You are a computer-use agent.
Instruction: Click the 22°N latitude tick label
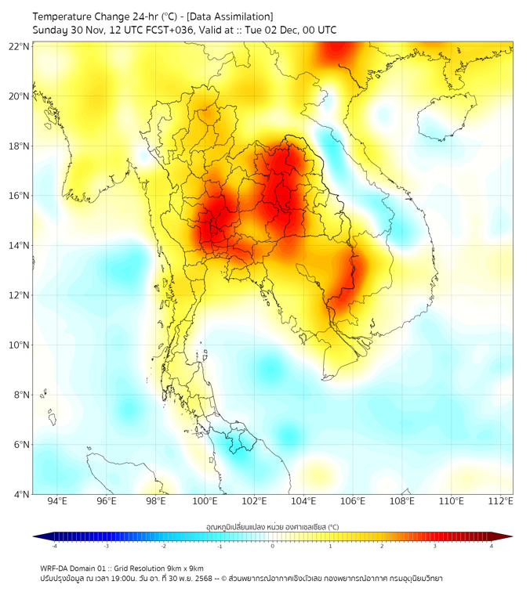point(20,46)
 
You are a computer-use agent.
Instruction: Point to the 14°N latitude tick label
point(20,245)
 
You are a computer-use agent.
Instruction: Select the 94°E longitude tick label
point(57,501)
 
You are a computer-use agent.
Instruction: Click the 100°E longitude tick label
point(205,501)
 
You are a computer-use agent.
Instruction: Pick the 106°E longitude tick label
point(353,501)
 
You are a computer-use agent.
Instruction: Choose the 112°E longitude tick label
point(500,501)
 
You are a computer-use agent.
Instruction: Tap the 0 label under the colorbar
point(273,546)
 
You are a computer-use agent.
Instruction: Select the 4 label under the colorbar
point(492,546)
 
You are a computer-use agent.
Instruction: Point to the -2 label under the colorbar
point(163,546)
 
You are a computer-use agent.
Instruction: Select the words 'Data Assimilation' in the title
point(234,16)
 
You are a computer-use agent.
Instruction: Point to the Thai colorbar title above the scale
point(273,527)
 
